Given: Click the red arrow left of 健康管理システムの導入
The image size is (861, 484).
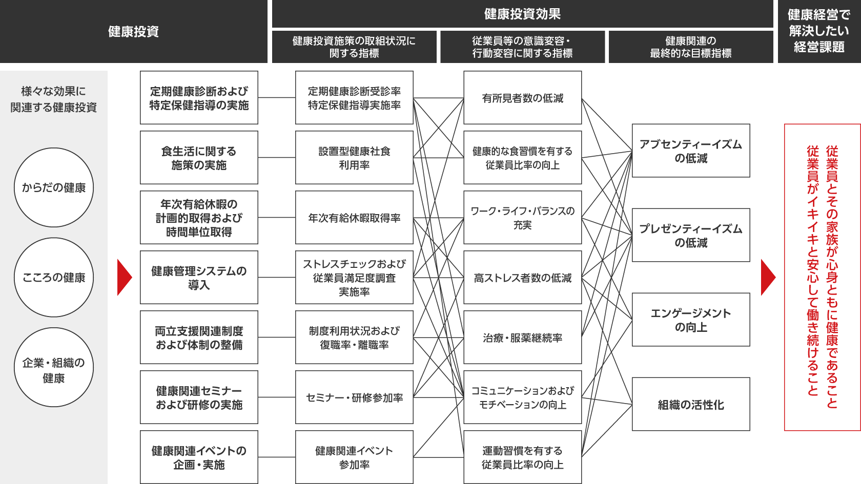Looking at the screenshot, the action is [124, 278].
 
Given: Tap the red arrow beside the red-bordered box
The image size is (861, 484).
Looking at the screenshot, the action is [768, 278].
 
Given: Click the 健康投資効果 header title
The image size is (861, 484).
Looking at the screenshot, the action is [522, 14].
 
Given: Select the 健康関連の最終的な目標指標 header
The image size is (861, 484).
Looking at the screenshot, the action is [691, 47].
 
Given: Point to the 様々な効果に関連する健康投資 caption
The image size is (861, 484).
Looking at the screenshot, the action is [54, 99].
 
